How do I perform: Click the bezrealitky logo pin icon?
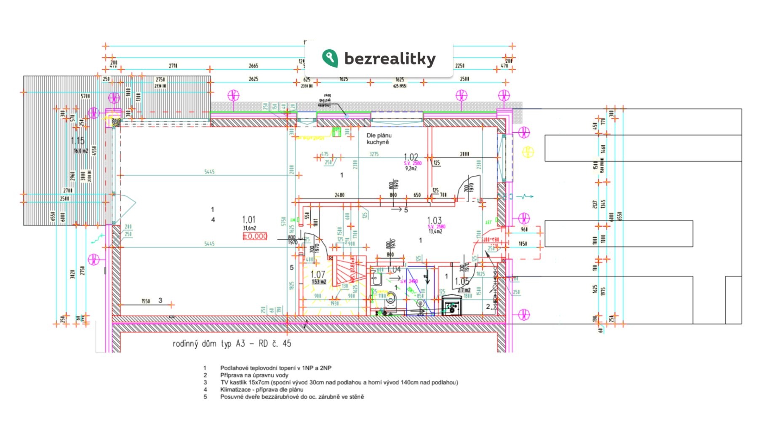(x=330, y=58)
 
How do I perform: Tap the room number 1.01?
(x=248, y=220)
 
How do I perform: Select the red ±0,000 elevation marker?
(x=255, y=236)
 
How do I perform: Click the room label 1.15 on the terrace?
(x=77, y=141)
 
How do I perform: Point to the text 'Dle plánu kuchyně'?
(x=379, y=139)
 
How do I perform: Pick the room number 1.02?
(x=411, y=157)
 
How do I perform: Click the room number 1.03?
(x=434, y=220)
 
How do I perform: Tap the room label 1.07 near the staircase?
(x=318, y=274)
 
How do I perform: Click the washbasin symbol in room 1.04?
(x=376, y=278)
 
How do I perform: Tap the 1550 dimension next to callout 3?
(x=146, y=301)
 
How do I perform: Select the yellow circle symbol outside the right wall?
(x=528, y=152)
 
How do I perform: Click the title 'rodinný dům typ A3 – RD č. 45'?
(x=232, y=344)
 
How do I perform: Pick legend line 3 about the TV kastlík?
(x=339, y=383)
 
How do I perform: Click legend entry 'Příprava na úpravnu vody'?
(x=254, y=375)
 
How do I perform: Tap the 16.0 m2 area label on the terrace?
(x=81, y=151)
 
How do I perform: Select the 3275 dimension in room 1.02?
(x=374, y=154)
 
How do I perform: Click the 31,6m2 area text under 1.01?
(x=249, y=228)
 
